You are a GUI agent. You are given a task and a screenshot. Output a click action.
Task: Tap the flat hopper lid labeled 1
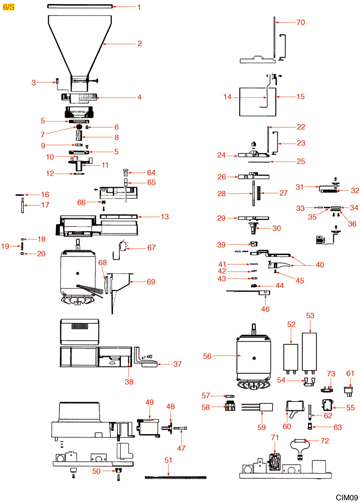pos(80,7)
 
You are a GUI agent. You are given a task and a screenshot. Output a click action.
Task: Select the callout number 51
pos(169,460)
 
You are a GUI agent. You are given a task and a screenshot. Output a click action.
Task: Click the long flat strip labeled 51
pos(176,477)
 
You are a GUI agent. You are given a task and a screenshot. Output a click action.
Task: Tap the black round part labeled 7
pos(80,127)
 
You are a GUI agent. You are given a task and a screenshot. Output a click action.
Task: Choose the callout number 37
pos(177,364)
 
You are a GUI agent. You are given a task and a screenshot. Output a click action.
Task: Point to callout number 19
pos(6,246)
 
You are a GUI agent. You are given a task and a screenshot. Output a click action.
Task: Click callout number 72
pos(324,441)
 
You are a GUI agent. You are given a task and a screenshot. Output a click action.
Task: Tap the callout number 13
pos(151,217)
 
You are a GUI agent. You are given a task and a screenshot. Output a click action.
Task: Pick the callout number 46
pos(265,309)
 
